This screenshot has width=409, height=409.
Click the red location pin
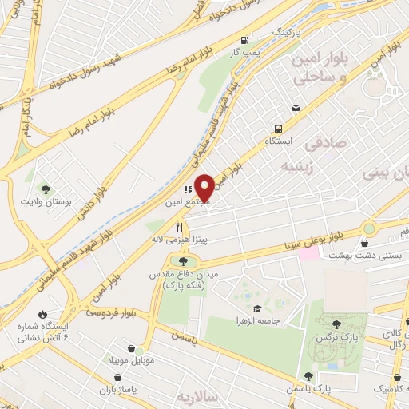coord(205,187)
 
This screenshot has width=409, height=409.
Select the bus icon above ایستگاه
coord(278,128)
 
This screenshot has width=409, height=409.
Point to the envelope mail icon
coord(296,108)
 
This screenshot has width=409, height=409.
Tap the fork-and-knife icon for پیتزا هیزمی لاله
coord(179,227)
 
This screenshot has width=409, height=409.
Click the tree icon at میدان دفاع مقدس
coord(184,261)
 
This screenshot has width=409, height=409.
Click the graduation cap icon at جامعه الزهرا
coord(256,309)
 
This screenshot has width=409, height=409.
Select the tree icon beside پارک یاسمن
coord(308,375)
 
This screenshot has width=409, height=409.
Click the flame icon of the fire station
coord(42,314)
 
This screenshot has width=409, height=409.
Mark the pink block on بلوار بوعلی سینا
coord(308,252)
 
